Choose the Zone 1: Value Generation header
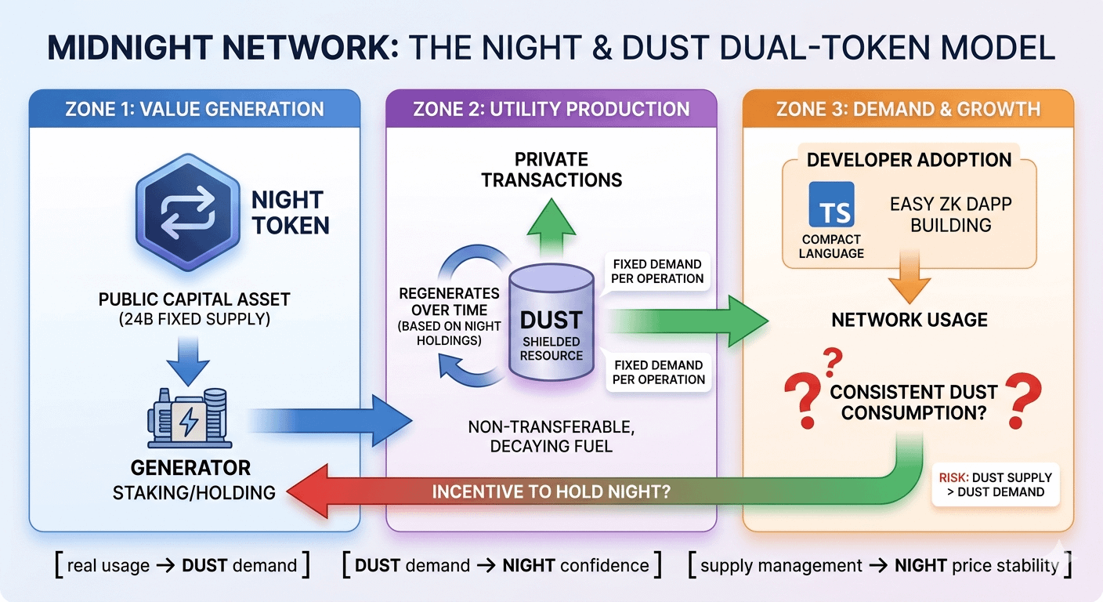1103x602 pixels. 194,109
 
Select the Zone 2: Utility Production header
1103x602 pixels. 551,109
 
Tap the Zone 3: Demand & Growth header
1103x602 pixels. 908,109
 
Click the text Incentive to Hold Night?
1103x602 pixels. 551,492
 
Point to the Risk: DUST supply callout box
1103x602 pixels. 995,484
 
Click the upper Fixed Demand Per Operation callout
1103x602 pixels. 658,271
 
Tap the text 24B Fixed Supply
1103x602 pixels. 194,320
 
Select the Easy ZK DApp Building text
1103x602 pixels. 951,215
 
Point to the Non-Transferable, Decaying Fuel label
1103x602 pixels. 551,437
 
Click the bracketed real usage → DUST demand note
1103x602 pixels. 183,565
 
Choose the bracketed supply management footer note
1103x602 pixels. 878,565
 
